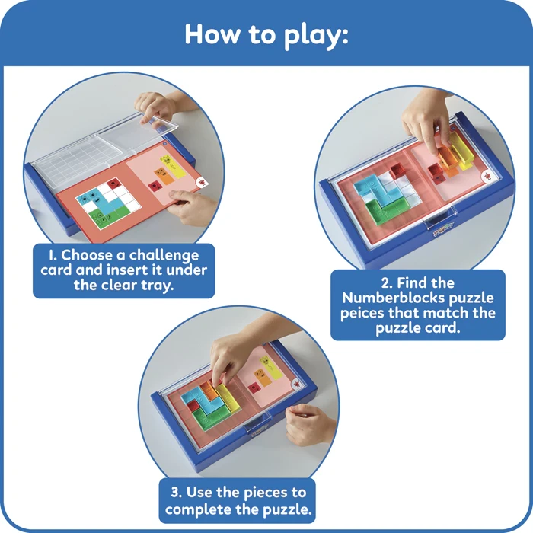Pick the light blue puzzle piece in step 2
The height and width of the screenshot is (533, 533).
[372, 183]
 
